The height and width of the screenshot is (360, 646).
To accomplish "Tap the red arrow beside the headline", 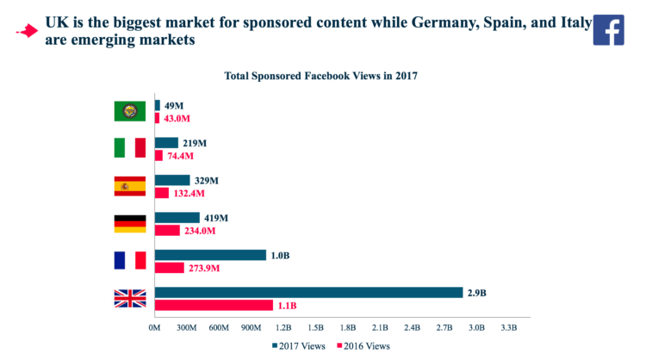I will pos(28,32).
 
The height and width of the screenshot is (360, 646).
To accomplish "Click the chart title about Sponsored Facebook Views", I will pos(320,76).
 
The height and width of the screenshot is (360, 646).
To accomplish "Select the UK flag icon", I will pos(130,299).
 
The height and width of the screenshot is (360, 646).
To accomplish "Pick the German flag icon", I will pos(130,224).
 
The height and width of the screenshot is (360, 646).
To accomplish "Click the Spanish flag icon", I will pos(130,186).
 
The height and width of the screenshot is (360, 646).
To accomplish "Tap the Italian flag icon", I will pos(130,148).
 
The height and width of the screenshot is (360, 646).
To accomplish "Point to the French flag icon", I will pos(130,261).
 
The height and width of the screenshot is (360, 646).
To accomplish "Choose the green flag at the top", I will pos(130,111).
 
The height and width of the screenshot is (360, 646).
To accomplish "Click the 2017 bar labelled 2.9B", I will pos(308,293).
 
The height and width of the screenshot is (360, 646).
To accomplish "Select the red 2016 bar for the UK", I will pos(213,306).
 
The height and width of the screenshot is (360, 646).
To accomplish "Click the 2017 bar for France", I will pos(210,255).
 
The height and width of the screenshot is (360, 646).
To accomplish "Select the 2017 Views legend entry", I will pos(299,345).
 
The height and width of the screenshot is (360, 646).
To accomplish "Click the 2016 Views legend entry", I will pos(363,345).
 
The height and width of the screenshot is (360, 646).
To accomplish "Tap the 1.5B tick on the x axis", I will pos(315,328).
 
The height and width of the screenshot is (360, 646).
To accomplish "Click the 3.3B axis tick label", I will pos(508,328).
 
